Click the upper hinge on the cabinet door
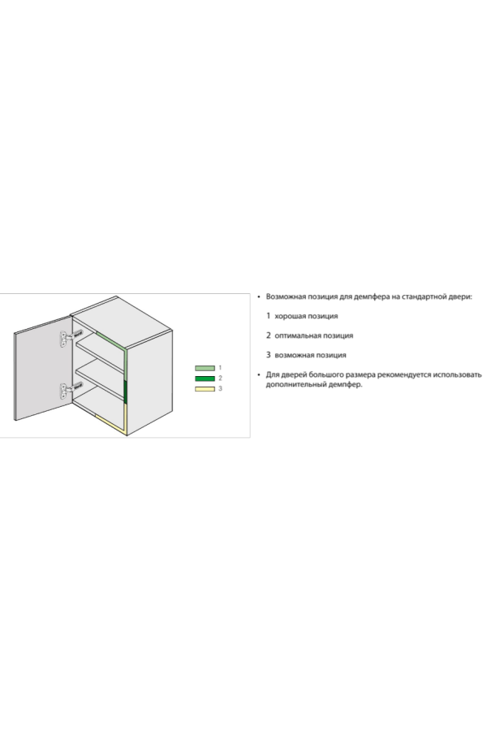(71, 338)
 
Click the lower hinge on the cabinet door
(71, 390)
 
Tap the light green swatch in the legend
(205, 368)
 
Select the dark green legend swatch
(205, 378)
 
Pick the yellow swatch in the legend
(205, 388)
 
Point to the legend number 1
(220, 368)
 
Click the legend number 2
(220, 378)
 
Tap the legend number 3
(220, 388)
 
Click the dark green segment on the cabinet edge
(125, 391)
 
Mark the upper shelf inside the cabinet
(101, 355)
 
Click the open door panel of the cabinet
(43, 368)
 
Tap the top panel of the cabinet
(121, 321)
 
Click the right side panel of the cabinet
(149, 383)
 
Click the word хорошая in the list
(288, 316)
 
